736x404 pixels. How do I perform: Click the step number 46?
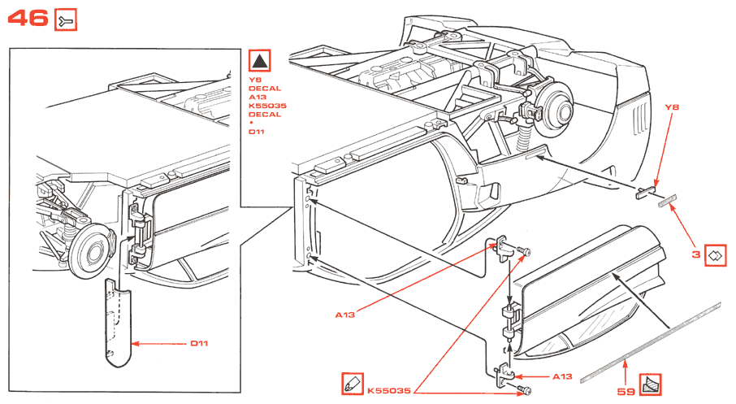tap(28, 18)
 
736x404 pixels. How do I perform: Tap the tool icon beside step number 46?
tap(66, 21)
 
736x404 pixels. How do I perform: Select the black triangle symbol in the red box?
tap(259, 61)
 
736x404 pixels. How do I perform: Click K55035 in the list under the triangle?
tap(265, 106)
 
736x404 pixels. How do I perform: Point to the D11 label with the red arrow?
tap(200, 344)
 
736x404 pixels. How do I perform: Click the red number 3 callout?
tap(695, 254)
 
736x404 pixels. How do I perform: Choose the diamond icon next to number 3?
tap(716, 254)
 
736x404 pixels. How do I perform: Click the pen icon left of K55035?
tap(352, 382)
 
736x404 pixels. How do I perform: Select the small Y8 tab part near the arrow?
tap(643, 193)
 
